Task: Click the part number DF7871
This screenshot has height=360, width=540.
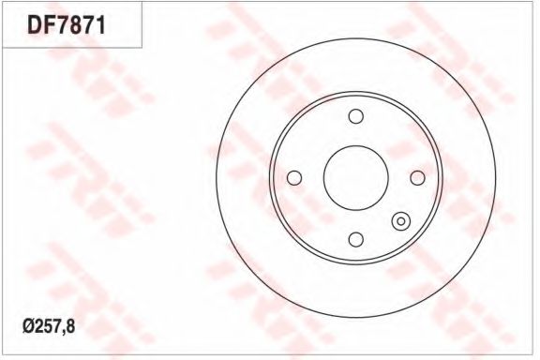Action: (x=69, y=23)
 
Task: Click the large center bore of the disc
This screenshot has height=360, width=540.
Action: (x=354, y=177)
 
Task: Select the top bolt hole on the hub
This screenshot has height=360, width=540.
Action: (x=354, y=116)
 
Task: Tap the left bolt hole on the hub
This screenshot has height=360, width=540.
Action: (x=293, y=177)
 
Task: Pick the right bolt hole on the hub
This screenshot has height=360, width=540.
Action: (x=416, y=177)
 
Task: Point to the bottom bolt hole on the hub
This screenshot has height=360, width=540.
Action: (x=354, y=239)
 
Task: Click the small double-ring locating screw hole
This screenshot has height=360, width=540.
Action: (x=400, y=221)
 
